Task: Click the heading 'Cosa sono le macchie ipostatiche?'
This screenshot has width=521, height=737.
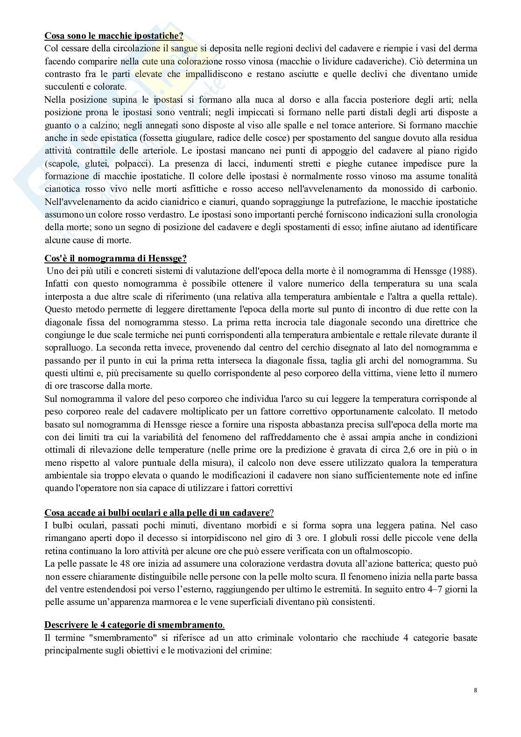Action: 114,35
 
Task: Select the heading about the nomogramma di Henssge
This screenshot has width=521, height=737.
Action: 115,258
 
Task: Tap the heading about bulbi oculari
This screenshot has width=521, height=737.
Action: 159,512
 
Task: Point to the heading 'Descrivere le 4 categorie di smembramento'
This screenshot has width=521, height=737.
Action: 134,625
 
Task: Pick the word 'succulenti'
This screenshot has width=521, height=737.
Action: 64,86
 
